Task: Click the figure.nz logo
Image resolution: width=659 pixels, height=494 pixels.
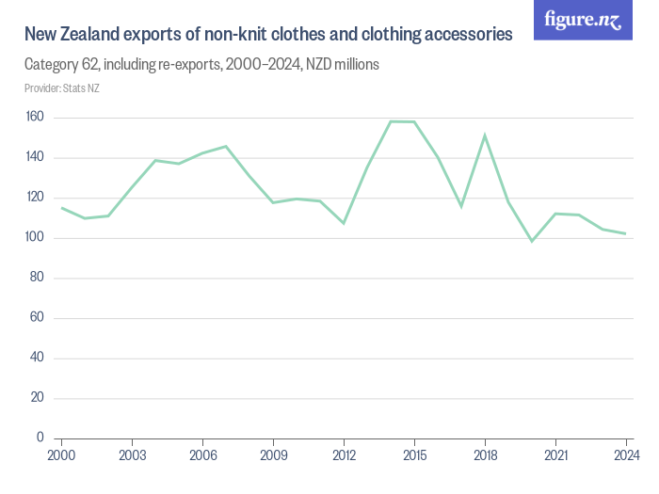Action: (583, 20)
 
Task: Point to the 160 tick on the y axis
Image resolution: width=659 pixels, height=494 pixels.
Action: (35, 118)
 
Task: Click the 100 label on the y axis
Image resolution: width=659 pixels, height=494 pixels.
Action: (35, 238)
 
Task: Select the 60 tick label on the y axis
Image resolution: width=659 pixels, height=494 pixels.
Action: (38, 318)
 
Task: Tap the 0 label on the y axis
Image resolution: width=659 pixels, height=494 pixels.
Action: (40, 438)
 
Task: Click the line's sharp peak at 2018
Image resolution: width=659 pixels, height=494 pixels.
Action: (485, 135)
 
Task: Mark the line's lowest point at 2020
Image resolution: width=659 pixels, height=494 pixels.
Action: (532, 241)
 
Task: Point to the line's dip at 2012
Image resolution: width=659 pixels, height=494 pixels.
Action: (344, 223)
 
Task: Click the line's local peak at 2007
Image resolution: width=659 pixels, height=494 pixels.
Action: (226, 146)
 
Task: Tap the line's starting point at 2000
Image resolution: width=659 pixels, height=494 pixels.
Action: (61, 208)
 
